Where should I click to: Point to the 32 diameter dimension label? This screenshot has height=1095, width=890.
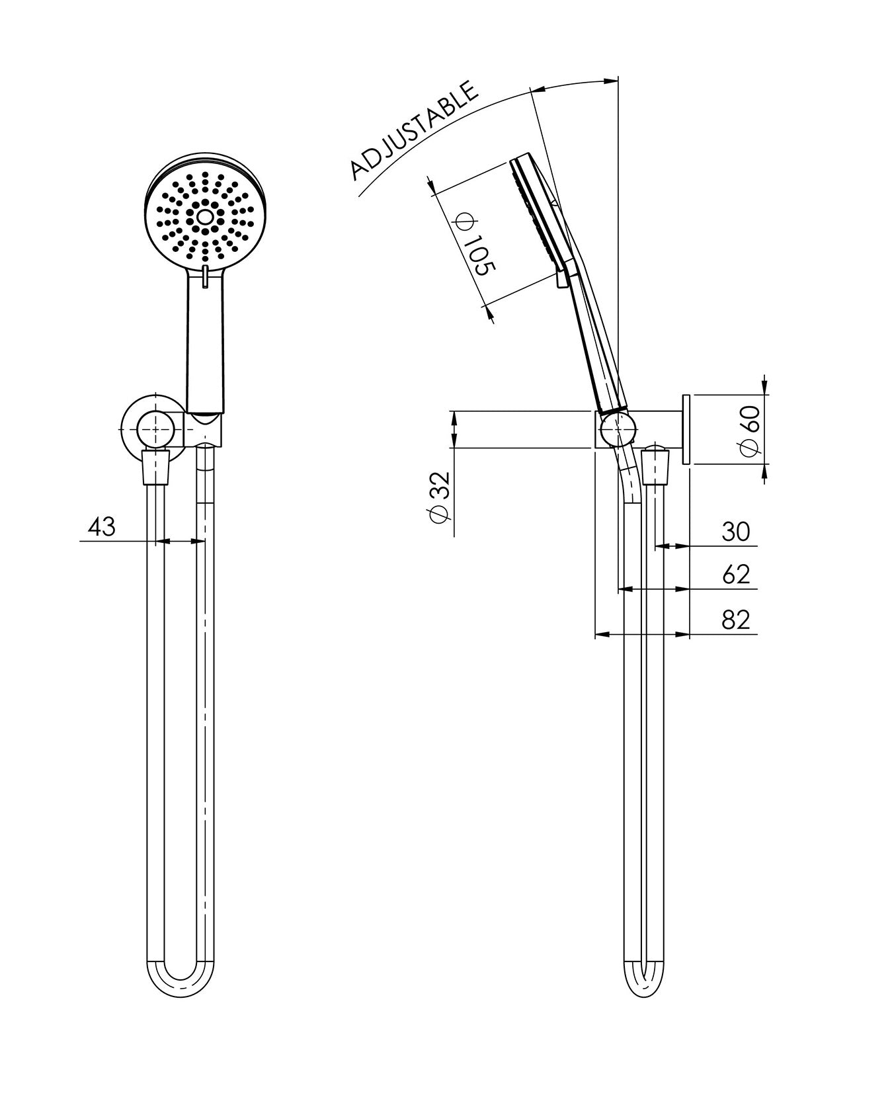click(440, 497)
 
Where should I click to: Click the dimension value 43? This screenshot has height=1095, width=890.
click(101, 527)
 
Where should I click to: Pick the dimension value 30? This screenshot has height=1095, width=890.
click(735, 531)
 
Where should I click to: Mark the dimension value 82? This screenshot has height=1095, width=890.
click(736, 620)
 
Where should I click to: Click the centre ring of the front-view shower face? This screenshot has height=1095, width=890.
click(204, 216)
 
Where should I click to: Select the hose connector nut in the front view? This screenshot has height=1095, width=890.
click(156, 467)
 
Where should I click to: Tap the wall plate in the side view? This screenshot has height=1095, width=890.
click(685, 430)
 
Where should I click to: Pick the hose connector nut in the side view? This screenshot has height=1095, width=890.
click(655, 467)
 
